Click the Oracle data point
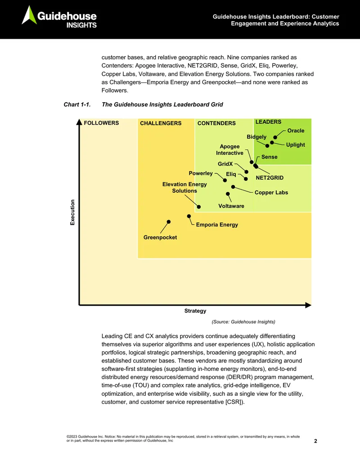click(275, 137)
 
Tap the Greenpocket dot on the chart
click(169, 222)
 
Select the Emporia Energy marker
click(189, 216)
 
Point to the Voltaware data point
click(228, 194)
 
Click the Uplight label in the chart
click(295, 145)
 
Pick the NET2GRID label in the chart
click(270, 178)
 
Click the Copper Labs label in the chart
click(271, 193)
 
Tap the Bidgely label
click(256, 137)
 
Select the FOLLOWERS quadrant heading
click(101, 123)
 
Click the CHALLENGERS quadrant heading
click(161, 123)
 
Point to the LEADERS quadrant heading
click(268, 122)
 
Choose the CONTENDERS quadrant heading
click(216, 123)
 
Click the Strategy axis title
click(195, 311)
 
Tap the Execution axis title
click(72, 212)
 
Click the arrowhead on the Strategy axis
click(308, 305)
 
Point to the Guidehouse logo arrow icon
click(29, 15)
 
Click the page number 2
click(315, 441)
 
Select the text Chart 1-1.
click(77, 104)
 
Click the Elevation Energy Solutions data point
click(199, 207)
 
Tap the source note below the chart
click(243, 322)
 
